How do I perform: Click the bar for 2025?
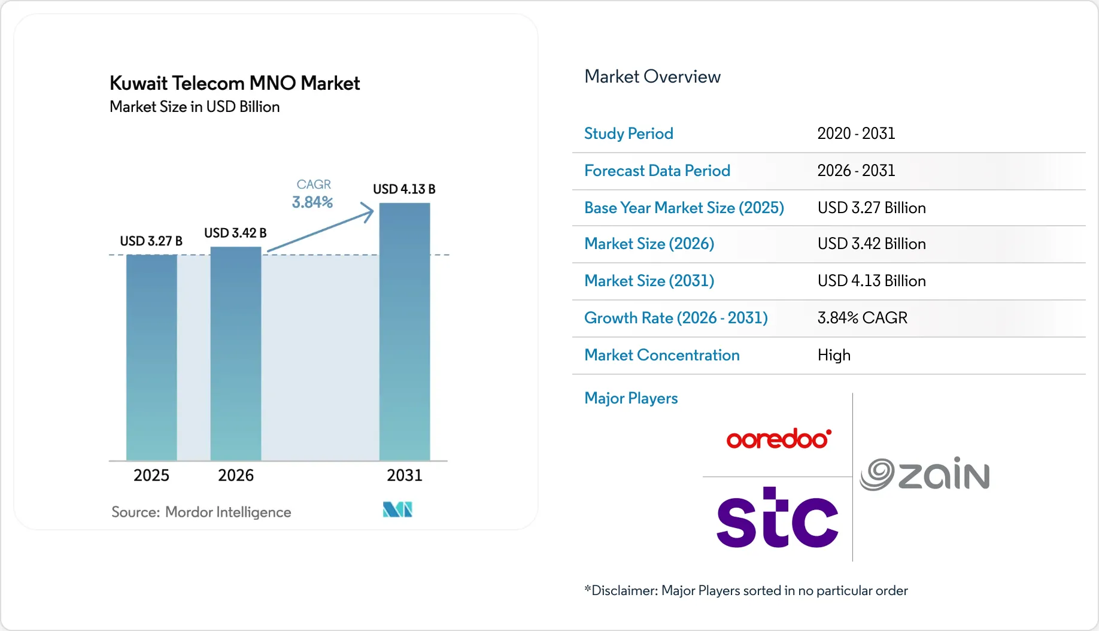(x=151, y=357)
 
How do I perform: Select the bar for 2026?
(x=236, y=353)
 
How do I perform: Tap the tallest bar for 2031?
(x=405, y=332)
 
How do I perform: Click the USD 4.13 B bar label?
(x=404, y=189)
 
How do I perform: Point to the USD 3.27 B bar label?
(x=151, y=241)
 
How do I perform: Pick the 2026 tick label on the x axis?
(x=236, y=475)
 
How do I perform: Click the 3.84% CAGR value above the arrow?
(x=312, y=202)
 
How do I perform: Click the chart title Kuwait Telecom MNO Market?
(x=235, y=83)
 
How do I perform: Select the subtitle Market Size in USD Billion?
(x=195, y=107)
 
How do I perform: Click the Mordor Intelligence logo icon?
(x=397, y=509)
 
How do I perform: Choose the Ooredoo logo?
(x=778, y=439)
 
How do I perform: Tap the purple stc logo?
(x=777, y=518)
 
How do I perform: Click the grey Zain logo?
(x=925, y=474)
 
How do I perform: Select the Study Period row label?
(x=629, y=134)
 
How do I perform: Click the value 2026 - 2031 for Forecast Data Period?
(x=856, y=171)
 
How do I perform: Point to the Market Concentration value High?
(x=834, y=355)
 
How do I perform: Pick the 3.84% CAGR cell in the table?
(x=862, y=318)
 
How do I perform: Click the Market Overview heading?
(x=652, y=77)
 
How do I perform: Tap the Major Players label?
(x=631, y=398)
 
